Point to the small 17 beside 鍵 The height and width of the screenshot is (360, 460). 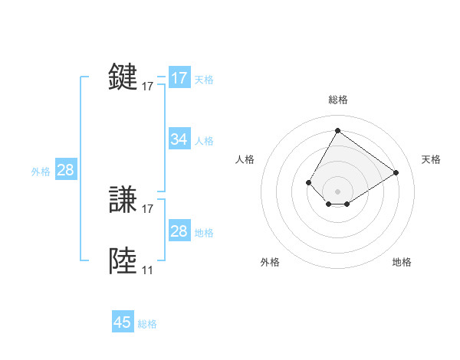pyautogui.click(x=148, y=87)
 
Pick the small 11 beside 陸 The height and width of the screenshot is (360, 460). pyautogui.click(x=147, y=270)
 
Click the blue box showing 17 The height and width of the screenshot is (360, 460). pyautogui.click(x=179, y=78)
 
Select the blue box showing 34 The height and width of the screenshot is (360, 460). pyautogui.click(x=179, y=139)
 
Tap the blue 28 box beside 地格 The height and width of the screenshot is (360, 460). pyautogui.click(x=179, y=231)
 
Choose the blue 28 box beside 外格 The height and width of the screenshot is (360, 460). pyautogui.click(x=65, y=170)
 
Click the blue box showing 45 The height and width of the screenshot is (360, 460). pyautogui.click(x=123, y=322)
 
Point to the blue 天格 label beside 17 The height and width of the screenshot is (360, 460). pyautogui.click(x=204, y=79)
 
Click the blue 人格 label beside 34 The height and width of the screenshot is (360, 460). pyautogui.click(x=204, y=141)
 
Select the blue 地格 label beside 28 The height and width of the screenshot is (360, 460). pyautogui.click(x=204, y=233)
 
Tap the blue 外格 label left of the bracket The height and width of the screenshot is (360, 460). pyautogui.click(x=41, y=172)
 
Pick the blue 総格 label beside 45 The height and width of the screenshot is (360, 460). pyautogui.click(x=147, y=324)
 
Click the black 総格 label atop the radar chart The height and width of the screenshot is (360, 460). pyautogui.click(x=337, y=100)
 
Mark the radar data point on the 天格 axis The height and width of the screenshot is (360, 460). pyautogui.click(x=396, y=172)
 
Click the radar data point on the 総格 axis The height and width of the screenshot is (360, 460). pyautogui.click(x=337, y=130)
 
